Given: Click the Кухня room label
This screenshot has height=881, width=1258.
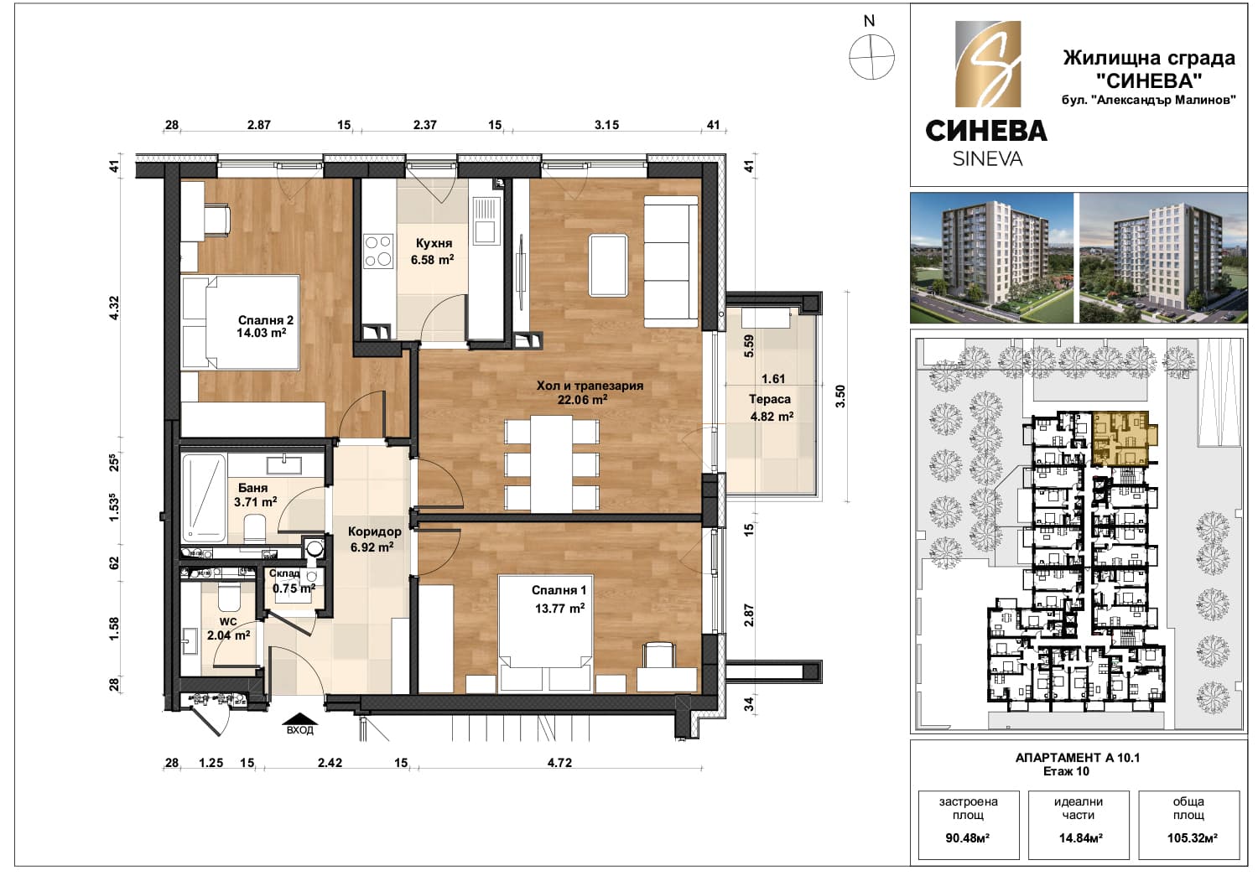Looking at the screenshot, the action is click(434, 243).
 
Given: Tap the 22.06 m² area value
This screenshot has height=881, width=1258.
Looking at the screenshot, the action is click(582, 400).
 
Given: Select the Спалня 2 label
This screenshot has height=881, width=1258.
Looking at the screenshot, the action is click(266, 320).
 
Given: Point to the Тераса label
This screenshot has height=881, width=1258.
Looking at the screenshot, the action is click(769, 399).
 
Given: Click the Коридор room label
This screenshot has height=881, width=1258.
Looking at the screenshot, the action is click(375, 531).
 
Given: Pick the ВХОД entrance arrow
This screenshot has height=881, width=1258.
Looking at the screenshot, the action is click(300, 719).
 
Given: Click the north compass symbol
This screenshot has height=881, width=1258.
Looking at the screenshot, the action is click(871, 57).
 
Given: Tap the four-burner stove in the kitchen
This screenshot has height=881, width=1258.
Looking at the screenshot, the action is click(378, 251).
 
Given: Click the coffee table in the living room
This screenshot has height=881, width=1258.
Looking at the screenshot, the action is click(608, 265).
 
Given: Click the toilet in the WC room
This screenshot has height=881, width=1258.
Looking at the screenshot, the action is click(229, 598).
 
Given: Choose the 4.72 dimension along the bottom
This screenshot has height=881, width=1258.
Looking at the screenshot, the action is click(559, 763).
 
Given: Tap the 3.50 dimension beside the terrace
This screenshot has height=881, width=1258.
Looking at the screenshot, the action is click(840, 396).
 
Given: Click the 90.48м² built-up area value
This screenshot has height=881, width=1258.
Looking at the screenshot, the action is click(968, 838).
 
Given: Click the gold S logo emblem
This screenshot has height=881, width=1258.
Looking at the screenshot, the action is click(988, 64).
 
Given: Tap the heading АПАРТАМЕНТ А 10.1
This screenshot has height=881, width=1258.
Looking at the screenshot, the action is click(1077, 758).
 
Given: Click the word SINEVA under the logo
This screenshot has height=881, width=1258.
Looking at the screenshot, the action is click(987, 159).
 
